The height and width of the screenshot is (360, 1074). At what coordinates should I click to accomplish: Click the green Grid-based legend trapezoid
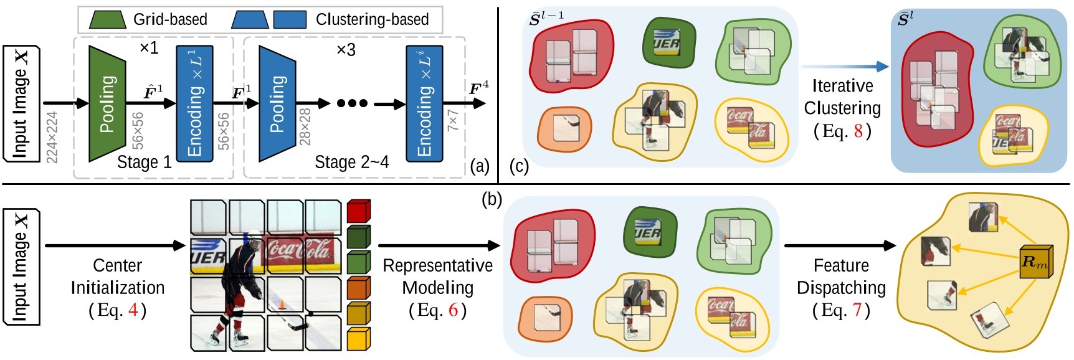tap(108, 19)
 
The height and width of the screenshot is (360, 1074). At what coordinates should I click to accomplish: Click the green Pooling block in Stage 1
tap(107, 103)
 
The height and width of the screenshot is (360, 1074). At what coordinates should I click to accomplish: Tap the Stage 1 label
tap(144, 163)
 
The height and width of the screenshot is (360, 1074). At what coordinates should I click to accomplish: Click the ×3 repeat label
tap(346, 49)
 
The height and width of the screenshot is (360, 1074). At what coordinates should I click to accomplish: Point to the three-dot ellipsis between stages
tap(352, 103)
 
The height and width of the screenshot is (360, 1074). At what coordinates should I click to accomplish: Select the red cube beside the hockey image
tap(358, 211)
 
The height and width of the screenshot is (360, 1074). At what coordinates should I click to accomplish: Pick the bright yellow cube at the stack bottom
tap(358, 339)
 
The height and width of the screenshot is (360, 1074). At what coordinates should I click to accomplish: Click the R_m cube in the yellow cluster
tap(1035, 262)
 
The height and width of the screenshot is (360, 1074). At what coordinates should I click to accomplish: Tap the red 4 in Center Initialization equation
tap(133, 310)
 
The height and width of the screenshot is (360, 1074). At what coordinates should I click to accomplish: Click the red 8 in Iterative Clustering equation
tap(858, 131)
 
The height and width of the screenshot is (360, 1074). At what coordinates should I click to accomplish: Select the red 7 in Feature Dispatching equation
tap(857, 310)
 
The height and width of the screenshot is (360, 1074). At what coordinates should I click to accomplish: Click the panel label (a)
tap(480, 166)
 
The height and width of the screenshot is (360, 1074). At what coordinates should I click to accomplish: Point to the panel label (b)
tap(492, 199)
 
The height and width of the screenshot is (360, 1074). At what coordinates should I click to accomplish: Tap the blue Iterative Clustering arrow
tap(845, 66)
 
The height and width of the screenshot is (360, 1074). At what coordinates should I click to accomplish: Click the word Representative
tap(437, 265)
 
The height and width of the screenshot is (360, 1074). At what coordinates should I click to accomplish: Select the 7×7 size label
tap(453, 121)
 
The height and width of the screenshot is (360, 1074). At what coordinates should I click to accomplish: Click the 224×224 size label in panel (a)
tap(52, 137)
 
